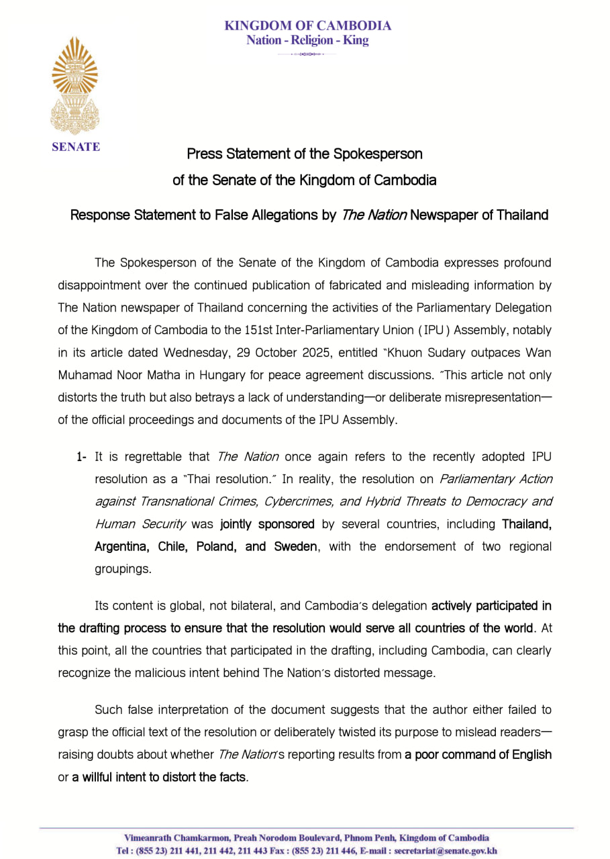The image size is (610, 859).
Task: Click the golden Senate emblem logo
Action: [74, 85]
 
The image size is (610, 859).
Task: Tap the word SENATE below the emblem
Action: [75, 147]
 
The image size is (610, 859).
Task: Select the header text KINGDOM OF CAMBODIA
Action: [307, 26]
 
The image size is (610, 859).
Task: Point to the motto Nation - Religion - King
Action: [307, 40]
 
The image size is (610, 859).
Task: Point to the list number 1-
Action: [81, 457]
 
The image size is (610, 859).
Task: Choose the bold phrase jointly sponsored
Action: [267, 524]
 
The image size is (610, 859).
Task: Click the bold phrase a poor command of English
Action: [478, 755]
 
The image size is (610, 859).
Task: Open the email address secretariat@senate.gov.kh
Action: [446, 851]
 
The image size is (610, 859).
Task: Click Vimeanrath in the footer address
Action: [148, 838]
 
